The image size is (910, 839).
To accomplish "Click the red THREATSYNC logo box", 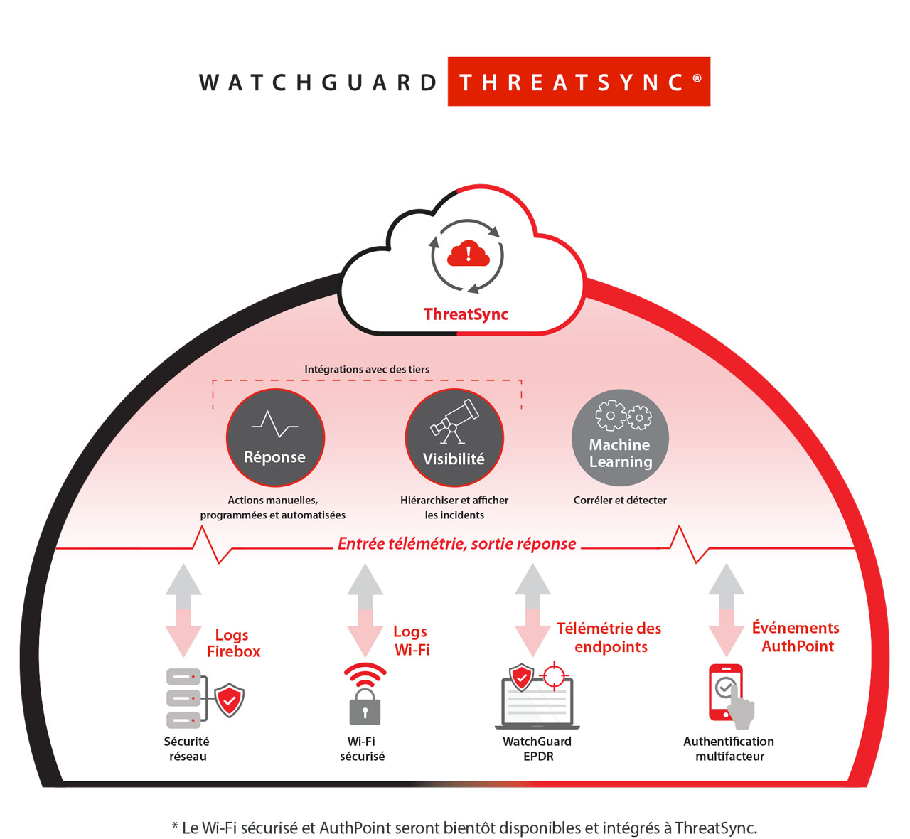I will (579, 82).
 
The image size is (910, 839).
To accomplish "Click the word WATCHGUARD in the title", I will (318, 82).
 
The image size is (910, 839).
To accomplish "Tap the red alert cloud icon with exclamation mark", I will (468, 255).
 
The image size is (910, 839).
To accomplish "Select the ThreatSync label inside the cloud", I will (466, 314).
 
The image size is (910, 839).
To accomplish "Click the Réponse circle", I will (275, 438).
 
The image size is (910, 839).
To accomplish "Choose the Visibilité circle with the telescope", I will (454, 438).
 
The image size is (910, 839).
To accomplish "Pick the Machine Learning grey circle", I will (620, 438).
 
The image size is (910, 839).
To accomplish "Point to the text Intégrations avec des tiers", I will (367, 369).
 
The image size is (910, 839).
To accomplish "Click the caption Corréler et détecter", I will (620, 501).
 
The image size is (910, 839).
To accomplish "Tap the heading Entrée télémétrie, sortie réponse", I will (457, 544).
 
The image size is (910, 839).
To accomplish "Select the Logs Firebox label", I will (233, 643).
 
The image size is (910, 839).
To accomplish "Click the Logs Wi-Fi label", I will (412, 641).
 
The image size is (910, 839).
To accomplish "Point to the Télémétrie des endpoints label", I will (609, 638).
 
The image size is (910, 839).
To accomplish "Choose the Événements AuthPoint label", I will (796, 637).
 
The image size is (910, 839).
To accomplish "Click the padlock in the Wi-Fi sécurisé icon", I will (365, 710).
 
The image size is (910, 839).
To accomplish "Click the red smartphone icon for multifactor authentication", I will (726, 692).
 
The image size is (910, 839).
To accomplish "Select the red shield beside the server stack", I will (229, 700).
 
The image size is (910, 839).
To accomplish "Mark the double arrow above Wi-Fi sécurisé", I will (365, 610).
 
